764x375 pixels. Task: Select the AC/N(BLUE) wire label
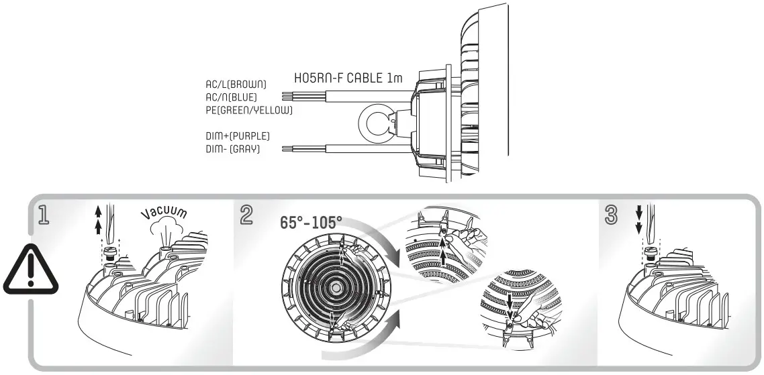pyautogui.click(x=231, y=97)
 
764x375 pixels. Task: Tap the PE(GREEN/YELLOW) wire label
pyautogui.click(x=248, y=109)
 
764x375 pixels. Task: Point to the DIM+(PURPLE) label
pyautogui.click(x=238, y=136)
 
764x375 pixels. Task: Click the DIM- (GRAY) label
pyautogui.click(x=233, y=148)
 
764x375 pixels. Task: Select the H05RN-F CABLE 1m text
pyautogui.click(x=349, y=78)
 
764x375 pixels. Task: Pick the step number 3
pyautogui.click(x=612, y=216)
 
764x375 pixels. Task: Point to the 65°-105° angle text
pyautogui.click(x=311, y=222)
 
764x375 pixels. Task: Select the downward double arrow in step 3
pyautogui.click(x=639, y=218)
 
